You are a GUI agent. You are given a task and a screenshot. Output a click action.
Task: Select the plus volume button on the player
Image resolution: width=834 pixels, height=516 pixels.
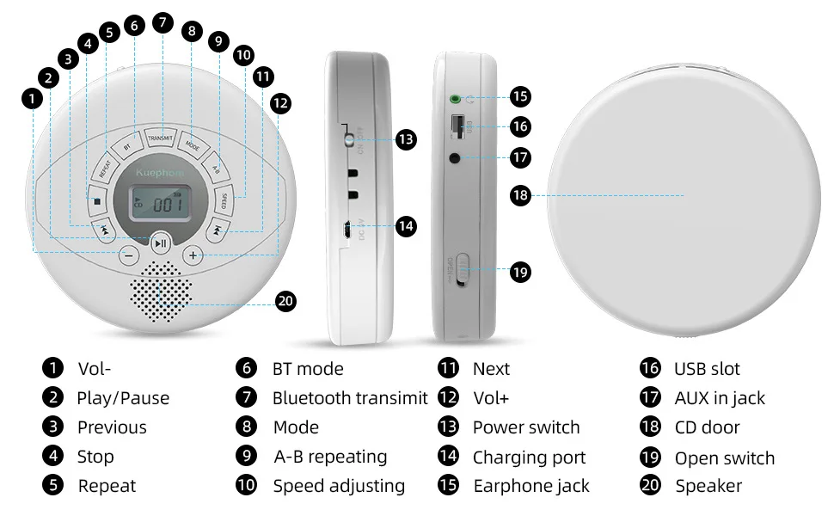[x=193, y=255]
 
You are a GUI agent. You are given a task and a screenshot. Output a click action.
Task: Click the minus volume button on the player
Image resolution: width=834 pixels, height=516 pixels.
[x=128, y=255]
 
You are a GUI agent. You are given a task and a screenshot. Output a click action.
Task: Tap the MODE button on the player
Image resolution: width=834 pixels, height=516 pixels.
[x=192, y=145]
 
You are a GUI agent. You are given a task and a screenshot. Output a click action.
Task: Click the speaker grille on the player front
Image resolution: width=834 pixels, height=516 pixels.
[x=161, y=293]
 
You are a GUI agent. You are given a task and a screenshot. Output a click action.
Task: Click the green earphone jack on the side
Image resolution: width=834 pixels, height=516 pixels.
[x=455, y=98]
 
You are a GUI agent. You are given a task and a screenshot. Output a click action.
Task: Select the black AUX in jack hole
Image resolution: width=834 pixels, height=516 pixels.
[x=455, y=157]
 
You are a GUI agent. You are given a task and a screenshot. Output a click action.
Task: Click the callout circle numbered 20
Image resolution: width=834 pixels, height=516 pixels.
[x=286, y=301]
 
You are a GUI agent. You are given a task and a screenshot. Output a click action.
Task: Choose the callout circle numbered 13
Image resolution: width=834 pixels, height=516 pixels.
[x=406, y=139]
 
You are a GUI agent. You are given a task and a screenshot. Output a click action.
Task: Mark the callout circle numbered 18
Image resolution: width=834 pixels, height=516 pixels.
[x=519, y=195]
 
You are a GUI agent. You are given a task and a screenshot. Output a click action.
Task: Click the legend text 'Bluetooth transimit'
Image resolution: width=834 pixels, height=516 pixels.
[x=349, y=398]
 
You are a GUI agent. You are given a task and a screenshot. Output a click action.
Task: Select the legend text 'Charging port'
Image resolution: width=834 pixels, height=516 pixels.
[x=529, y=458]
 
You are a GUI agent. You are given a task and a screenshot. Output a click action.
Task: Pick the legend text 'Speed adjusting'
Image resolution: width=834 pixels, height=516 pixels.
[x=339, y=486]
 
